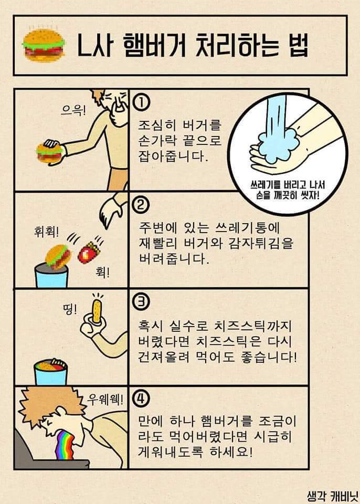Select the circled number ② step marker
pos(141,205)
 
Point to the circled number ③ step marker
pos(141,301)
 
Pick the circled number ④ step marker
pos(141,399)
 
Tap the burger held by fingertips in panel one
pos(49,152)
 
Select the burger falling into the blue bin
pos(58,257)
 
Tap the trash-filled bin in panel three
pos(51,371)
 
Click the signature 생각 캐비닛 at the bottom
pos(331,495)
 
